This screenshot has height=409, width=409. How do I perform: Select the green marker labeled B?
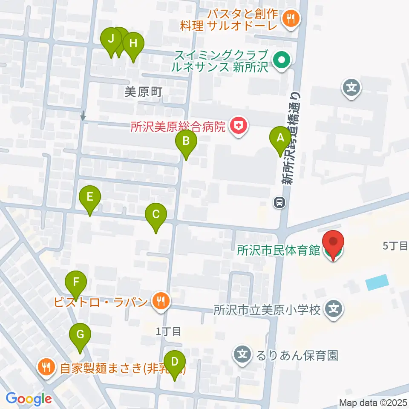point(186,141)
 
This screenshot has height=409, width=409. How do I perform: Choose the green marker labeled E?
point(90,197)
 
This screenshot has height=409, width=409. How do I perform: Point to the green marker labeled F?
point(76,282)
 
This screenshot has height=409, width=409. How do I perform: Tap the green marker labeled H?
point(133,44)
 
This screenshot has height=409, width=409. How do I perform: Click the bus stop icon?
point(279,202)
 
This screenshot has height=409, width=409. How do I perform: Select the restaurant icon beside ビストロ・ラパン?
point(161,302)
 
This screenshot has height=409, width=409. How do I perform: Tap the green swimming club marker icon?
point(282,60)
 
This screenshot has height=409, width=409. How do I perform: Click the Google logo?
point(29,399)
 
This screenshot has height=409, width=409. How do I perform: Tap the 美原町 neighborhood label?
point(144,92)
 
